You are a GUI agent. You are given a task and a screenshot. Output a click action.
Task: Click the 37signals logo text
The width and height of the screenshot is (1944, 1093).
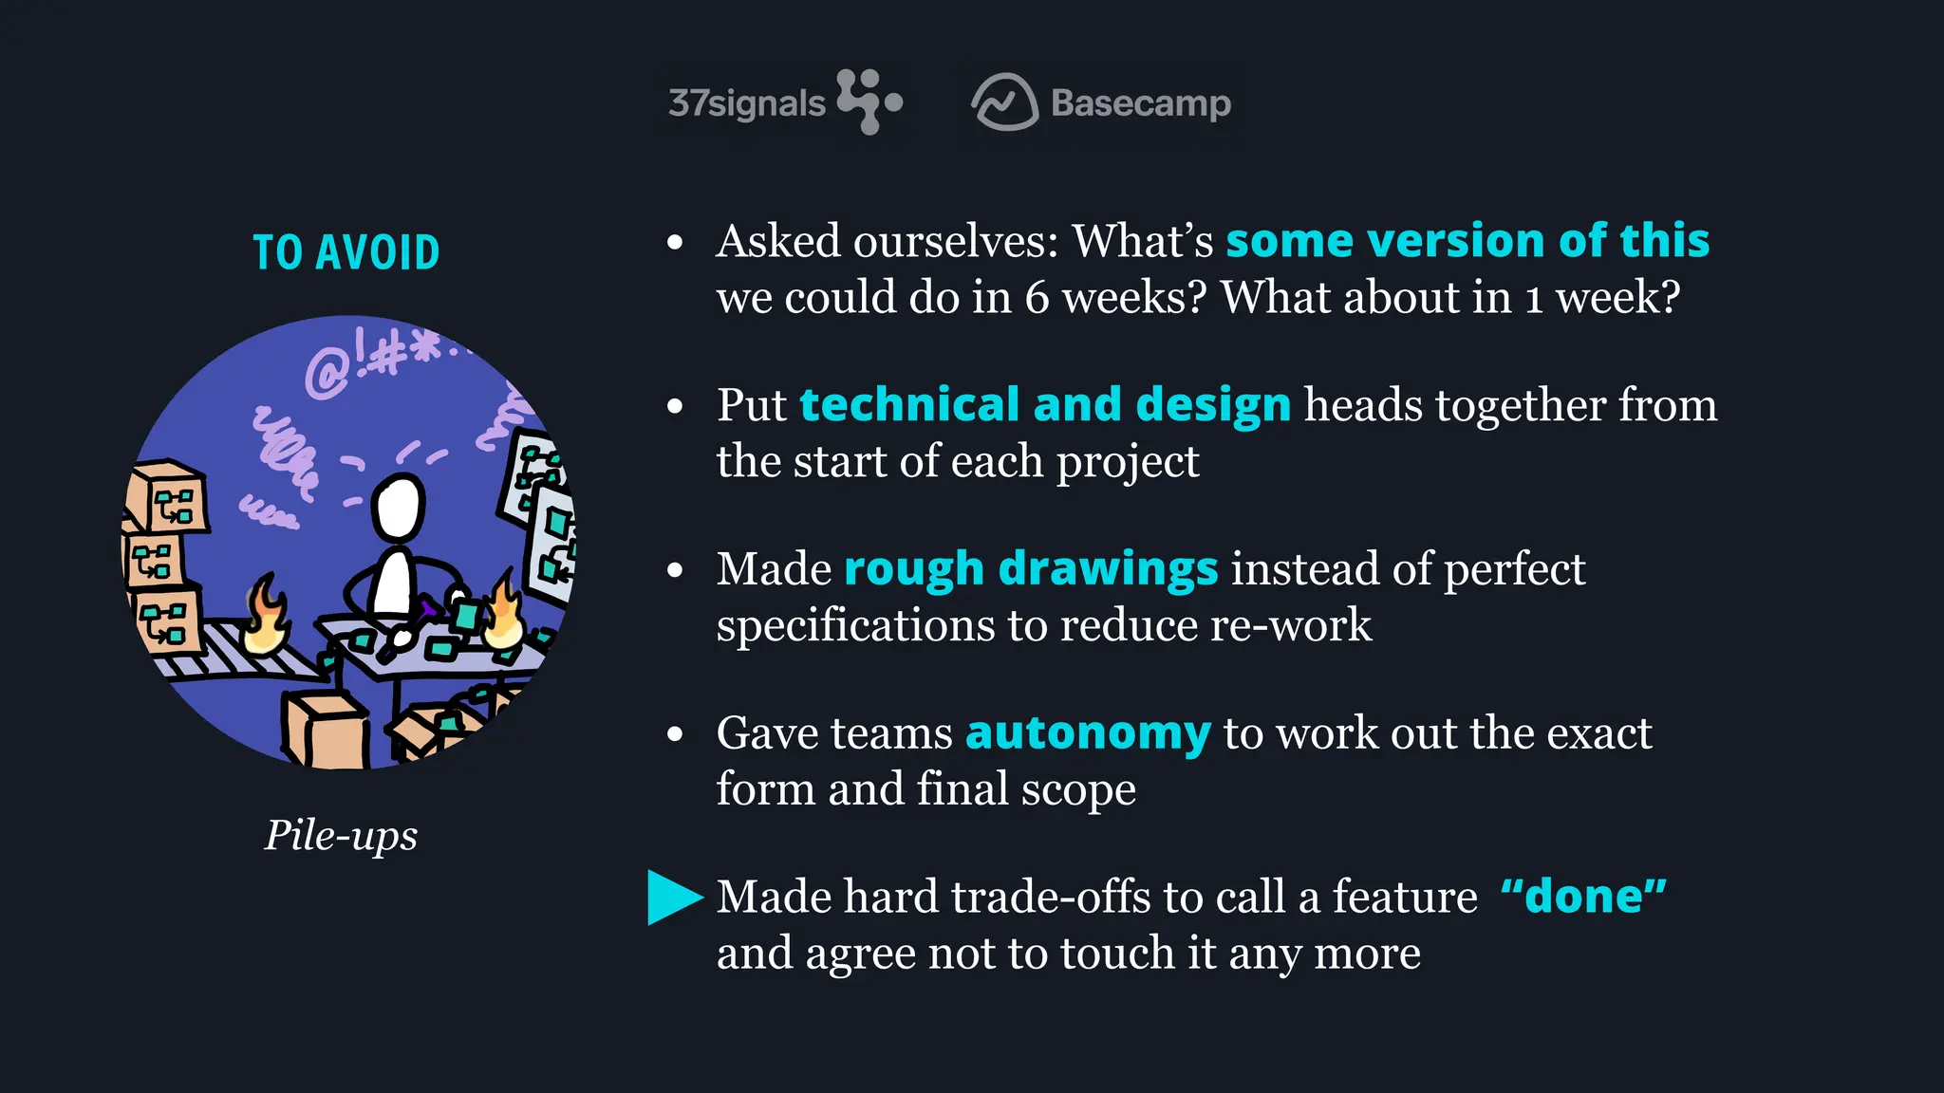tap(747, 103)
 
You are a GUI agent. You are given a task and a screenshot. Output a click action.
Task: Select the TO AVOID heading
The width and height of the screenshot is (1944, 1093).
tap(346, 252)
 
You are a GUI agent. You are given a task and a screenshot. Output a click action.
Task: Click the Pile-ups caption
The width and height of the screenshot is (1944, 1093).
tap(341, 835)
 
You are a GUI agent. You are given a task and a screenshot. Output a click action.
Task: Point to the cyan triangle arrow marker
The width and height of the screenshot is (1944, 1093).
tap(673, 897)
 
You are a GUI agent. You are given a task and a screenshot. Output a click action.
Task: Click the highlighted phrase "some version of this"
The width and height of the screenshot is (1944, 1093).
tap(1467, 241)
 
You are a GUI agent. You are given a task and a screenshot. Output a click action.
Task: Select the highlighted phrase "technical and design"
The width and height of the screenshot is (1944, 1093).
tap(1045, 405)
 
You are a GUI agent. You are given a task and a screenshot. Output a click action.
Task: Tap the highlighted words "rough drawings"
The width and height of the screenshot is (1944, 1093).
tap(1031, 569)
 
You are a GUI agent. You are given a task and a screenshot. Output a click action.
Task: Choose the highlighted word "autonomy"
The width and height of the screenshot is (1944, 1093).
tap(1088, 733)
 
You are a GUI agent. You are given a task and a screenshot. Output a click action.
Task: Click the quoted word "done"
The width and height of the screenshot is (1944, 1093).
tap(1583, 897)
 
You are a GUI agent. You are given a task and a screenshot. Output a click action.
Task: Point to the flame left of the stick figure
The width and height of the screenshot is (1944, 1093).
tap(267, 619)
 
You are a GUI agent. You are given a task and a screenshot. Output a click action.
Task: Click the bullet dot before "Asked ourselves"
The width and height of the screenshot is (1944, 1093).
tap(675, 243)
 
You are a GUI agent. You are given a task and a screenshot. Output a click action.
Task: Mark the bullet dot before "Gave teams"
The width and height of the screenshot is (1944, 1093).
tap(675, 734)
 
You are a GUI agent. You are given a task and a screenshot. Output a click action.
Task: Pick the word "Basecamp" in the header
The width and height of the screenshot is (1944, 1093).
tap(1141, 103)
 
